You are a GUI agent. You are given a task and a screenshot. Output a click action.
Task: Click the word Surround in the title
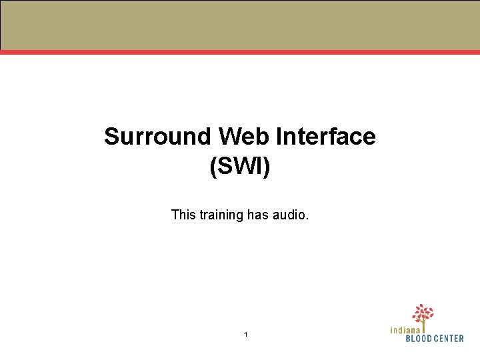(x=157, y=137)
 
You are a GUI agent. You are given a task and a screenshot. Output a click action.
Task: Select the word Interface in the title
(x=326, y=137)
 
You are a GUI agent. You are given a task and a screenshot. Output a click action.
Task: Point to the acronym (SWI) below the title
(x=240, y=166)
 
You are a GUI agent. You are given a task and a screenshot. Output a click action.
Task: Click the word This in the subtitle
(x=183, y=215)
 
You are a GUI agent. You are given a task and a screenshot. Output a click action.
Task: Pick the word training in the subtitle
(x=221, y=215)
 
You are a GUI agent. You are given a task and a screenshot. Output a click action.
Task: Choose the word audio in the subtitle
(x=289, y=215)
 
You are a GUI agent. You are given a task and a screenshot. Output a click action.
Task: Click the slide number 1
(x=245, y=334)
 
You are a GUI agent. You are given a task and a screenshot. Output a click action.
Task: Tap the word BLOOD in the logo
(x=420, y=338)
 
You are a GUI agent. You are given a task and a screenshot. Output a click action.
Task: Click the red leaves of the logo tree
(x=423, y=312)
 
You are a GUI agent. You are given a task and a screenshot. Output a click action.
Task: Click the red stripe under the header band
(x=240, y=51)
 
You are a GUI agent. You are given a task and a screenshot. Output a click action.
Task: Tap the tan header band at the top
(x=240, y=25)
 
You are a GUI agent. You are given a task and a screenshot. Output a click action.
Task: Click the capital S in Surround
(x=111, y=137)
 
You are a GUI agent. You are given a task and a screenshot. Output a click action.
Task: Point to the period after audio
(x=307, y=219)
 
